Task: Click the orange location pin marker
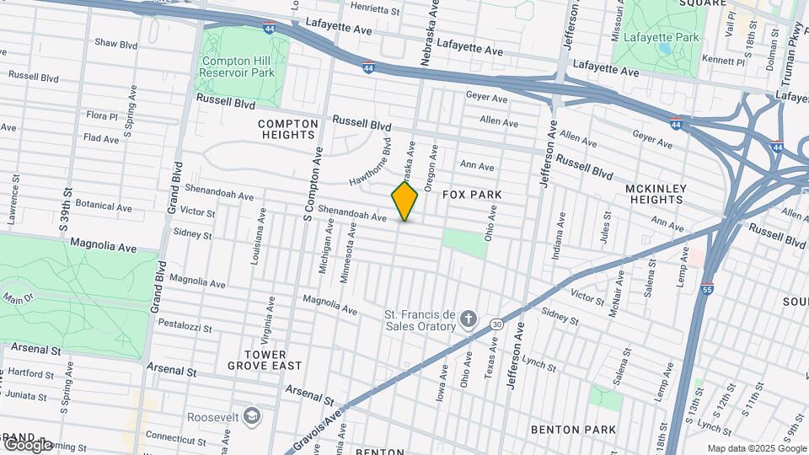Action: point(405,201)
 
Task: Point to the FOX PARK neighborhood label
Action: point(473,195)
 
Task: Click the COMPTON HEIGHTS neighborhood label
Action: point(288,129)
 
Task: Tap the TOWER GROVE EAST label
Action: point(259,360)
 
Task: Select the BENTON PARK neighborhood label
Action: point(573,430)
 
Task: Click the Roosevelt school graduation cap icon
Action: point(251,415)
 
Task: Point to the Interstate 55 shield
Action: point(707,289)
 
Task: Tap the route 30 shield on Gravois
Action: point(497,324)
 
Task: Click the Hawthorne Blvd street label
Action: point(371,163)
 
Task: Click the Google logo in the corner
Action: point(28,444)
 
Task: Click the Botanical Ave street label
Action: point(104,206)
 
